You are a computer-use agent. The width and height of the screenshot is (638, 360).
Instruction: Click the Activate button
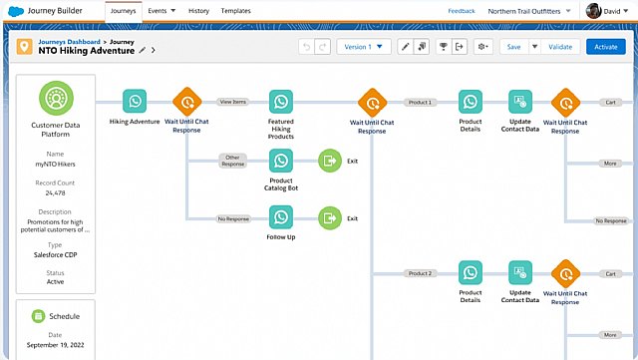coord(605,47)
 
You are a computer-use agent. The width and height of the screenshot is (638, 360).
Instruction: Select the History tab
coord(198,11)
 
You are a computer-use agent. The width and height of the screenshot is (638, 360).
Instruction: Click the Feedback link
coord(462,11)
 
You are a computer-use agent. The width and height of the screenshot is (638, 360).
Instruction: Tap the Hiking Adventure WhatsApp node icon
coord(135,102)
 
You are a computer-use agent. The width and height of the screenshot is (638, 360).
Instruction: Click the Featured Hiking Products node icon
coord(281,102)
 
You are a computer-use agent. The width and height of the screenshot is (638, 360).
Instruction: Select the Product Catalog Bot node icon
coord(281,160)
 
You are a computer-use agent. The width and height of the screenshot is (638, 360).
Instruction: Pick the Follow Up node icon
coord(281,217)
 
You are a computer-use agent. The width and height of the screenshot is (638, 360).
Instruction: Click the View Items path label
coord(232,102)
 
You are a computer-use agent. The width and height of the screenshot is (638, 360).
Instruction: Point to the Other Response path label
coord(233,160)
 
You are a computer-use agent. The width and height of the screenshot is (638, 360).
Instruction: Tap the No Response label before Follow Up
coord(233,217)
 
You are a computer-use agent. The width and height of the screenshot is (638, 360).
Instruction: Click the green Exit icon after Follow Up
coord(330,217)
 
